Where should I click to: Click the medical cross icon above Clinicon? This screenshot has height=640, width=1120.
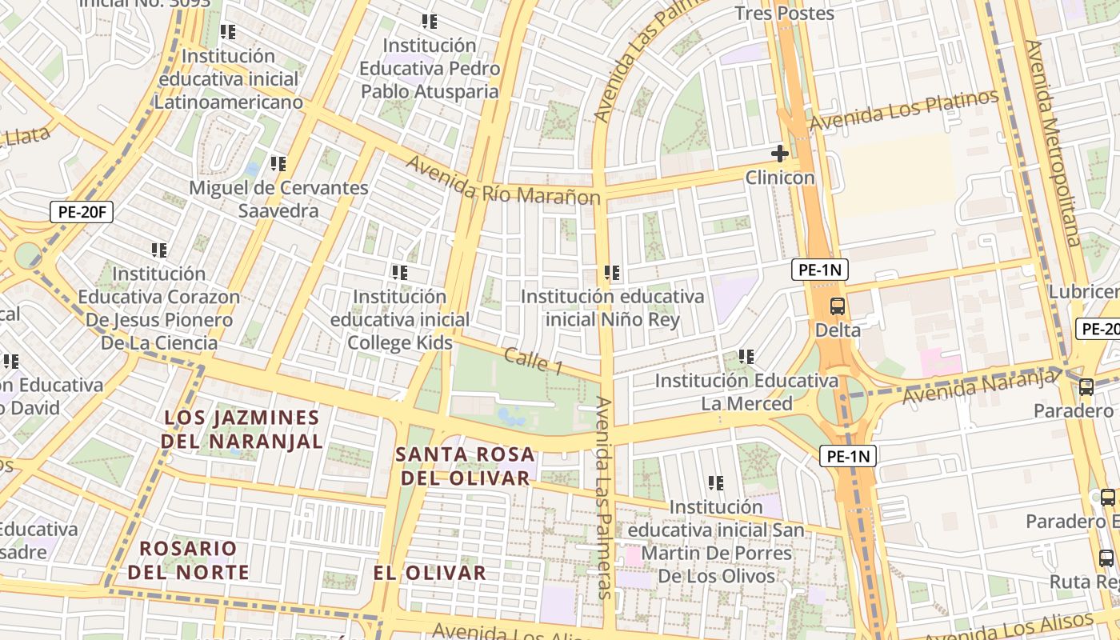tap(779, 154)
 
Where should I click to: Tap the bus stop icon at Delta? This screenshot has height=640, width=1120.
tap(838, 306)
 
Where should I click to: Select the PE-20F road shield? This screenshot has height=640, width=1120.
tap(82, 212)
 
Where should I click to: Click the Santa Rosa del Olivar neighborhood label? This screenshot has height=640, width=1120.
tap(465, 466)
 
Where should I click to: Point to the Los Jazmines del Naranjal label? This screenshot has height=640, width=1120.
tap(242, 430)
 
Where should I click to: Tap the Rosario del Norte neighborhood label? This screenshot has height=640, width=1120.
tap(188, 561)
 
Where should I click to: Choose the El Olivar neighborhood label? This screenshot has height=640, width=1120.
tap(430, 573)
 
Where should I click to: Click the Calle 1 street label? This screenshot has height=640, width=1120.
tap(533, 361)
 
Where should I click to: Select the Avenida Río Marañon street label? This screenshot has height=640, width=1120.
tap(503, 181)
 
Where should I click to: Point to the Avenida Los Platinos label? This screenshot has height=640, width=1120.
tap(904, 110)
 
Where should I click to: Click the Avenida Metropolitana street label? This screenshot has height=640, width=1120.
tap(1053, 144)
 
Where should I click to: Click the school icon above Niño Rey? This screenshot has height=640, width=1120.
tap(613, 273)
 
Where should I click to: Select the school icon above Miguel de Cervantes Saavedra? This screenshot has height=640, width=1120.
tap(278, 164)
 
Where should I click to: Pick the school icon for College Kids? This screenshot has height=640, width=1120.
tap(400, 273)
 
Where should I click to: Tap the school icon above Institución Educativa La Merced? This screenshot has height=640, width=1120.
tap(746, 356)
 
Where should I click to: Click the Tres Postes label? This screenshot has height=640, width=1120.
tap(784, 14)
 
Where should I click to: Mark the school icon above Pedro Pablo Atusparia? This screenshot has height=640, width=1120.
tap(430, 22)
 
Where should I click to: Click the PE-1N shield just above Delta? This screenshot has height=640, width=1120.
tap(820, 270)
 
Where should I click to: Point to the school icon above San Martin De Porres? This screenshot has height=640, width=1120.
tap(716, 482)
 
